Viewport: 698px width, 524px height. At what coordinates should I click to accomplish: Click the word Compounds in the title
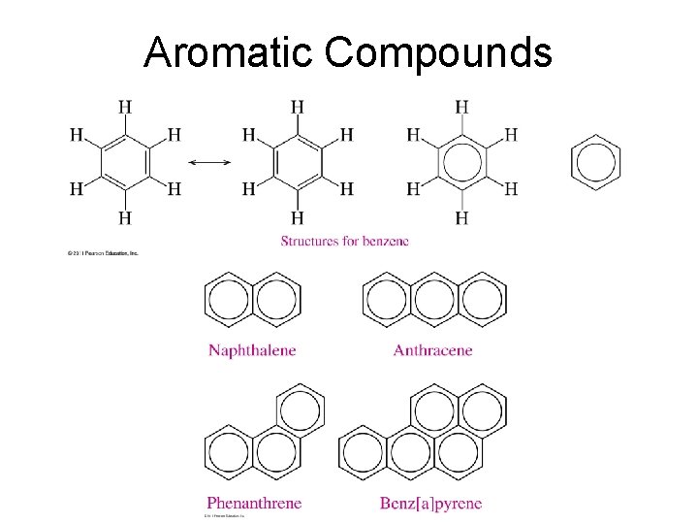tap(438, 53)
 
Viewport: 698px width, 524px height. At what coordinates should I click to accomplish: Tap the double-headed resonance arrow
tap(209, 161)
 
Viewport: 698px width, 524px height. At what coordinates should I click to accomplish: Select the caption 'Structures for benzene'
tap(345, 241)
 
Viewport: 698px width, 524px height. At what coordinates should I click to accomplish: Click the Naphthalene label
tap(252, 350)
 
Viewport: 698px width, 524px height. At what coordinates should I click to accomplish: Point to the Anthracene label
tap(432, 350)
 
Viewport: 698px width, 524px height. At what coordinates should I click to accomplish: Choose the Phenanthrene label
tap(254, 503)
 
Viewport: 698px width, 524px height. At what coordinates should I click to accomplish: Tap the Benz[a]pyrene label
tap(431, 503)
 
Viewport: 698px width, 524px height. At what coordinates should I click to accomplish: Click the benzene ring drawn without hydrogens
tap(594, 161)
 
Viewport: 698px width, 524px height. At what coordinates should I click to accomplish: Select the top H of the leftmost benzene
tap(125, 107)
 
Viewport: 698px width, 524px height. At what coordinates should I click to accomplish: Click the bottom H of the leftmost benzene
tap(125, 216)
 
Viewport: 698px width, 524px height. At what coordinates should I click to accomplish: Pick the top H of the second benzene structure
tap(297, 107)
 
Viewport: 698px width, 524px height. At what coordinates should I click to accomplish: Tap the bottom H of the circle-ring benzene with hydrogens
tap(462, 216)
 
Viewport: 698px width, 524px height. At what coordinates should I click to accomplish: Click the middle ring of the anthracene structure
tap(433, 301)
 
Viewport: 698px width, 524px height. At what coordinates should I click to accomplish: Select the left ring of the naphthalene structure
tap(230, 301)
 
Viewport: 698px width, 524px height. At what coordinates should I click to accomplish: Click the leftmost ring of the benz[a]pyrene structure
tap(363, 452)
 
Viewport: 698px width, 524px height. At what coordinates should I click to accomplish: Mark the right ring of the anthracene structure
tap(480, 301)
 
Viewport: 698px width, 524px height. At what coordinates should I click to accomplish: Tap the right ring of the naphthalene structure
tap(276, 301)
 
